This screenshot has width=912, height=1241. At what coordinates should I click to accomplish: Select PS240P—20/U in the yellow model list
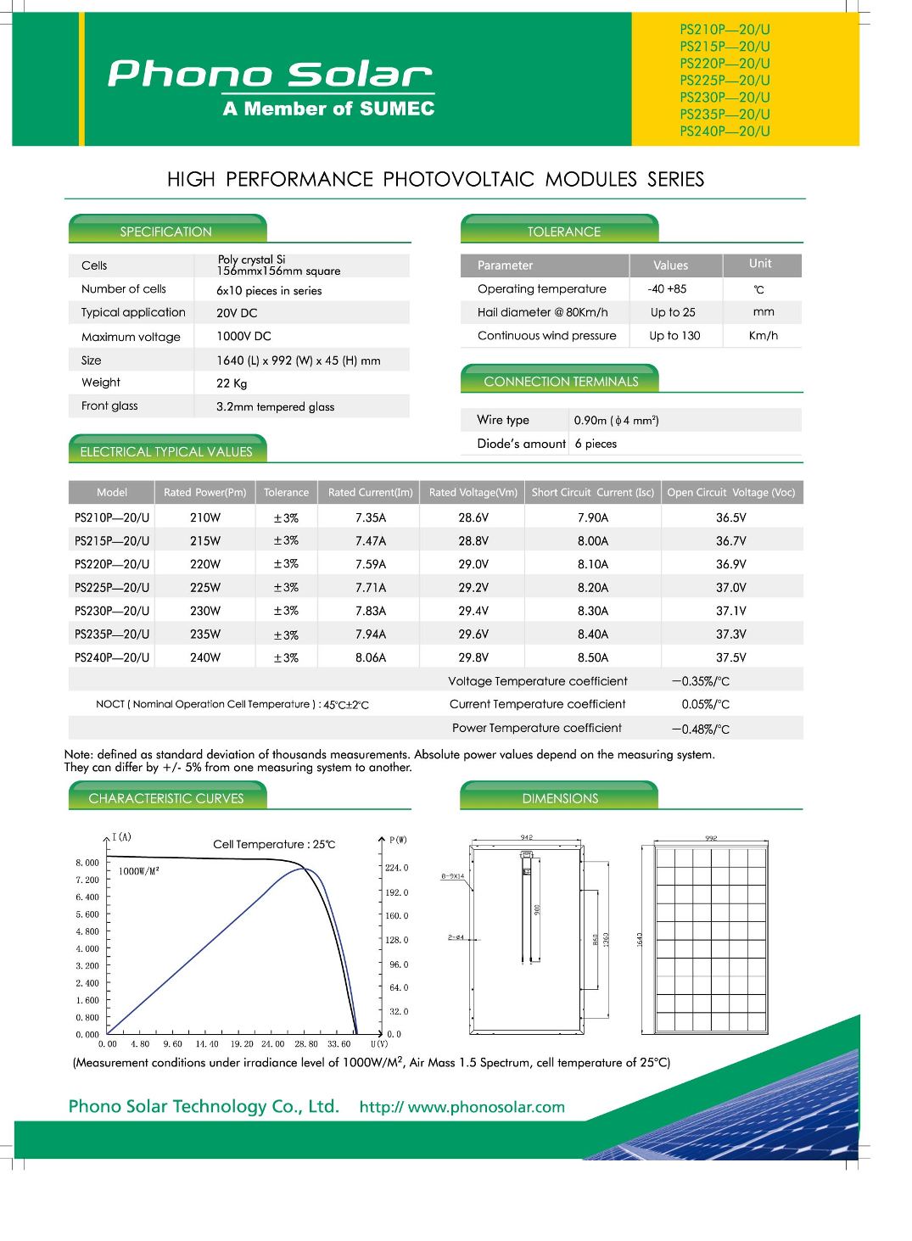725,131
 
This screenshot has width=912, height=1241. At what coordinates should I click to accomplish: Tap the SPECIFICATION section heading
165,232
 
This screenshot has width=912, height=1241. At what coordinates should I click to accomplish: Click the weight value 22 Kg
232,383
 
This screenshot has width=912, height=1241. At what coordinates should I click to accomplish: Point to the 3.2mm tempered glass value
275,406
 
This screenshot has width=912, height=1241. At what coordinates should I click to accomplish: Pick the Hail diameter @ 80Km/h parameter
542,312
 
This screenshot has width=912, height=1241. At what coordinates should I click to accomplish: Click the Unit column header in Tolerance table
760,264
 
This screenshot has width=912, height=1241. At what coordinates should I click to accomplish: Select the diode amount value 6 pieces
596,444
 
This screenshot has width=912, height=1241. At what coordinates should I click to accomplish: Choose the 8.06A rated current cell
371,657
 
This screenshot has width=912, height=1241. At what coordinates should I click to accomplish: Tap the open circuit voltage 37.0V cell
730,587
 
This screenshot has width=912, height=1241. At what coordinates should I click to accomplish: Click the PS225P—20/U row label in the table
112,587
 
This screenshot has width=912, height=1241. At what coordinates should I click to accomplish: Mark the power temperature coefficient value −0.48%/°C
700,729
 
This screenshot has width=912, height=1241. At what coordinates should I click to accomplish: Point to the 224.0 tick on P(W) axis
396,868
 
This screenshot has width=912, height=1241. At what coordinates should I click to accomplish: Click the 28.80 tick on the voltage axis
306,1044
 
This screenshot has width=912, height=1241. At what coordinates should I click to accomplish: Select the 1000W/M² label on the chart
138,871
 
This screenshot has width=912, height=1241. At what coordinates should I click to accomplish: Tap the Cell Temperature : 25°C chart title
274,844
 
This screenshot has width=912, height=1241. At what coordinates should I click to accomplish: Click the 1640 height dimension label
640,939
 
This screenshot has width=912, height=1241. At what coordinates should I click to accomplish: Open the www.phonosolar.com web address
486,1107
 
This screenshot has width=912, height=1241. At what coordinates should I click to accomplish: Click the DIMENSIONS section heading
560,798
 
